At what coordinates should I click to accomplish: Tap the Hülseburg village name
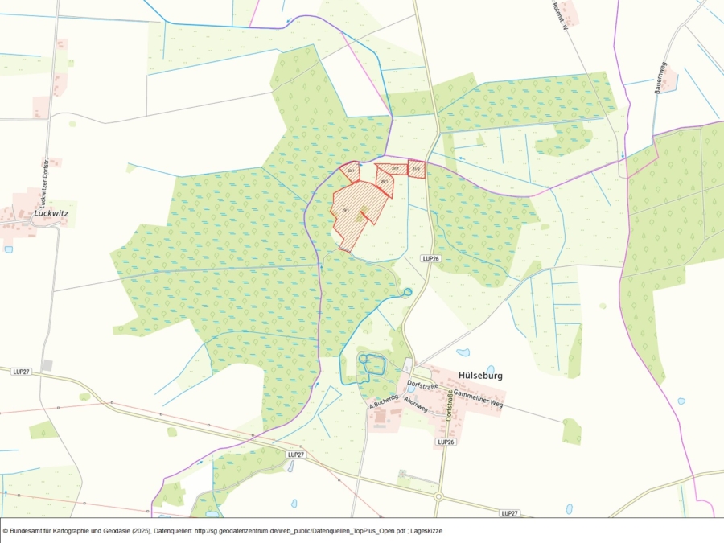point(479,375)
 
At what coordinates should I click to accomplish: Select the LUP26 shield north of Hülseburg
point(431,258)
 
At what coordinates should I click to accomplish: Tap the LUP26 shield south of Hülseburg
point(446,442)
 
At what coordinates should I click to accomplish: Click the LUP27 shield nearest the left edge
point(21,371)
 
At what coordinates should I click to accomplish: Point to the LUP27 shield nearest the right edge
point(508,513)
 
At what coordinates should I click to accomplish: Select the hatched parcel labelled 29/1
point(385,177)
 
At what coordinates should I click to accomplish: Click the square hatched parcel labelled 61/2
point(417,169)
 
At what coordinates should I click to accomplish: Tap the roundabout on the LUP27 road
point(438,496)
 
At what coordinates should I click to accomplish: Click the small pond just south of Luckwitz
point(8,249)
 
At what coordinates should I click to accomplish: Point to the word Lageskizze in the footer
point(425,531)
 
